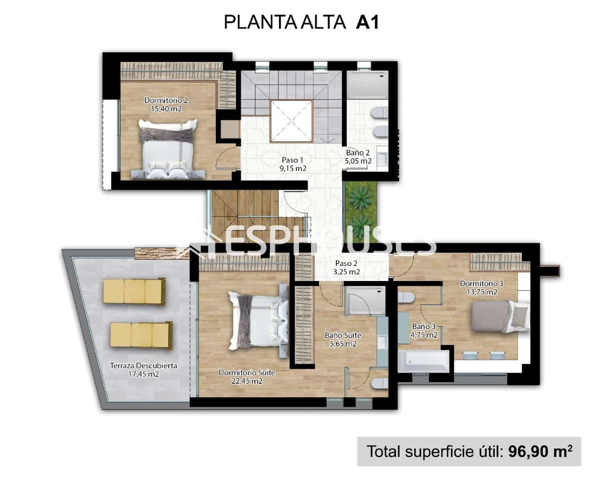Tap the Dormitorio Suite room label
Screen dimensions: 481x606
click(246, 372)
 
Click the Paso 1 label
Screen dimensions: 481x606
click(292, 160)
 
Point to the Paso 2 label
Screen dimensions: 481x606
click(347, 263)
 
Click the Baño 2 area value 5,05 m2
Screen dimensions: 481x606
click(358, 161)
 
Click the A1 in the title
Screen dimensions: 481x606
click(367, 22)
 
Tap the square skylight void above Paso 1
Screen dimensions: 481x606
click(291, 121)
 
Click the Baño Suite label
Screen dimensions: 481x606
click(343, 335)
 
